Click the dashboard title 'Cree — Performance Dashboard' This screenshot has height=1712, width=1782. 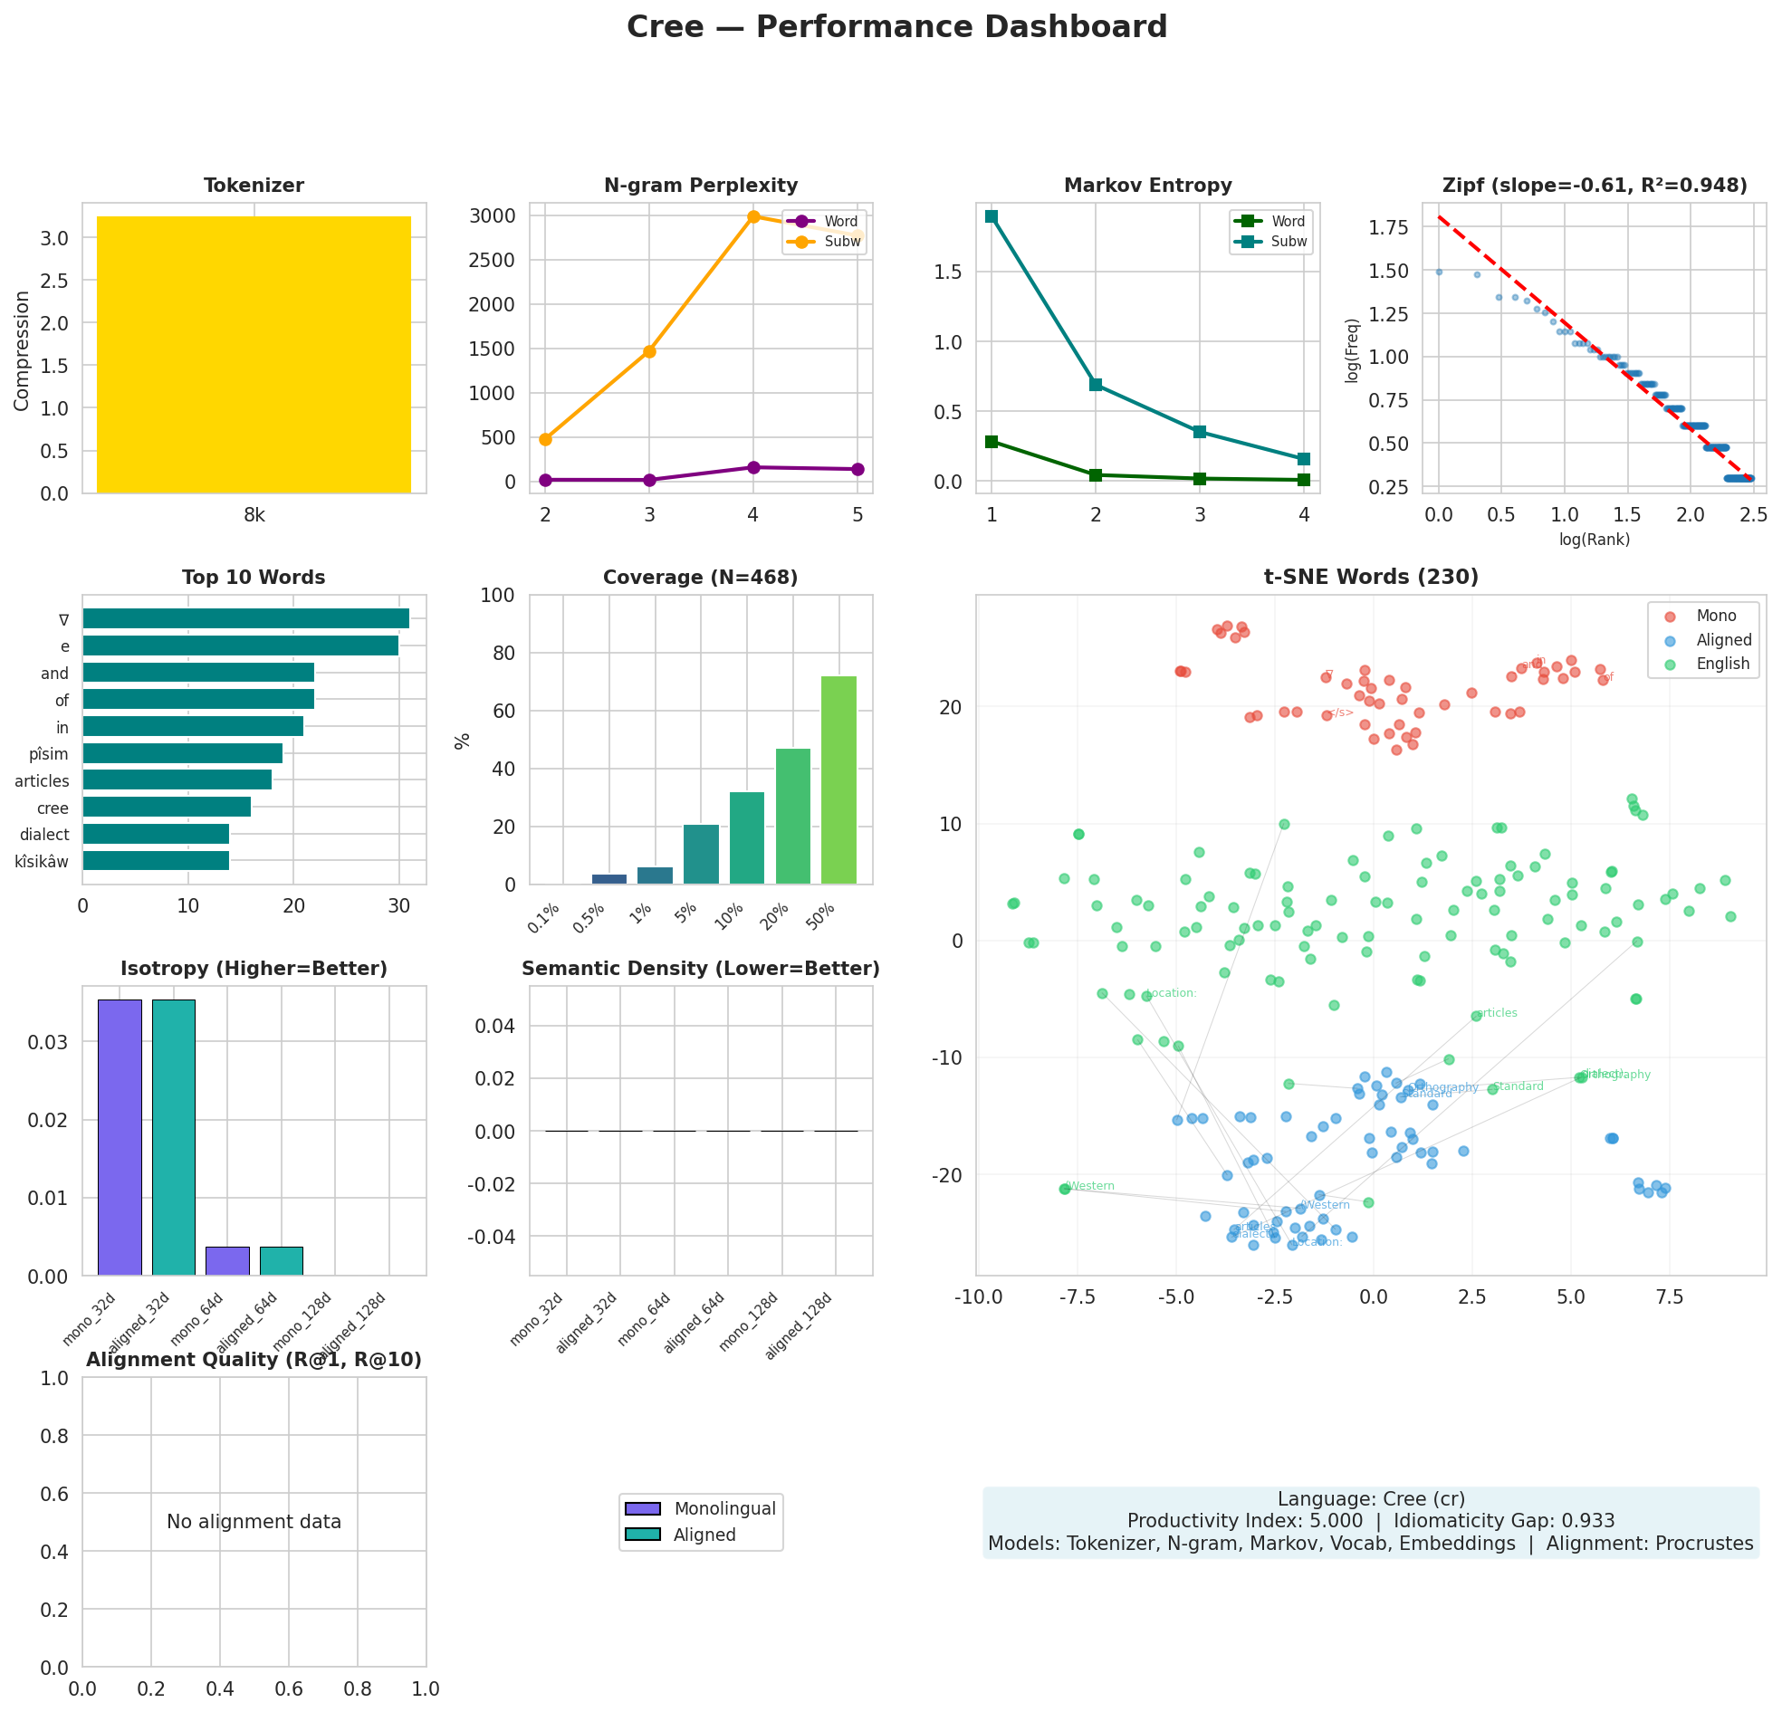click(896, 27)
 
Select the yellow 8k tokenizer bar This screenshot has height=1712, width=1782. click(254, 355)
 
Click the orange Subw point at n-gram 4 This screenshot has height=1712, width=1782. click(752, 216)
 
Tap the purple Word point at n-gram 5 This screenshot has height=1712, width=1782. click(857, 469)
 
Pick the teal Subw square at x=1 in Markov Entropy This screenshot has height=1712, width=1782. click(991, 216)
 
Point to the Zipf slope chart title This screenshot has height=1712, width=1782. click(1595, 186)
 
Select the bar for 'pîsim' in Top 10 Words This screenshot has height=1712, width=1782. click(183, 754)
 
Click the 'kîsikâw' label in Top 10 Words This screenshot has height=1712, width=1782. click(42, 861)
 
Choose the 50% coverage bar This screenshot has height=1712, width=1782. click(838, 780)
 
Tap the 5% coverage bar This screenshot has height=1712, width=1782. click(701, 855)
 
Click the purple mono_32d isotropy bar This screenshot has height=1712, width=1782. click(120, 1137)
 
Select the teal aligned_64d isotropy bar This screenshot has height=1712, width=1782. click(281, 1261)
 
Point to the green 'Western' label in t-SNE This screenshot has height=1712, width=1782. click(1090, 1186)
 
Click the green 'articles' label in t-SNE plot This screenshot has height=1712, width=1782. click(1497, 1012)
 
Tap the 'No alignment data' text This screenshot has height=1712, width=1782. click(254, 1522)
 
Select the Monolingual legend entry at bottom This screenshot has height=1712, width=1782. click(723, 1509)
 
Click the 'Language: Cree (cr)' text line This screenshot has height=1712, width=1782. click(1371, 1499)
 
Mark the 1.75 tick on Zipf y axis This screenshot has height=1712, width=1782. click(1402, 227)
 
